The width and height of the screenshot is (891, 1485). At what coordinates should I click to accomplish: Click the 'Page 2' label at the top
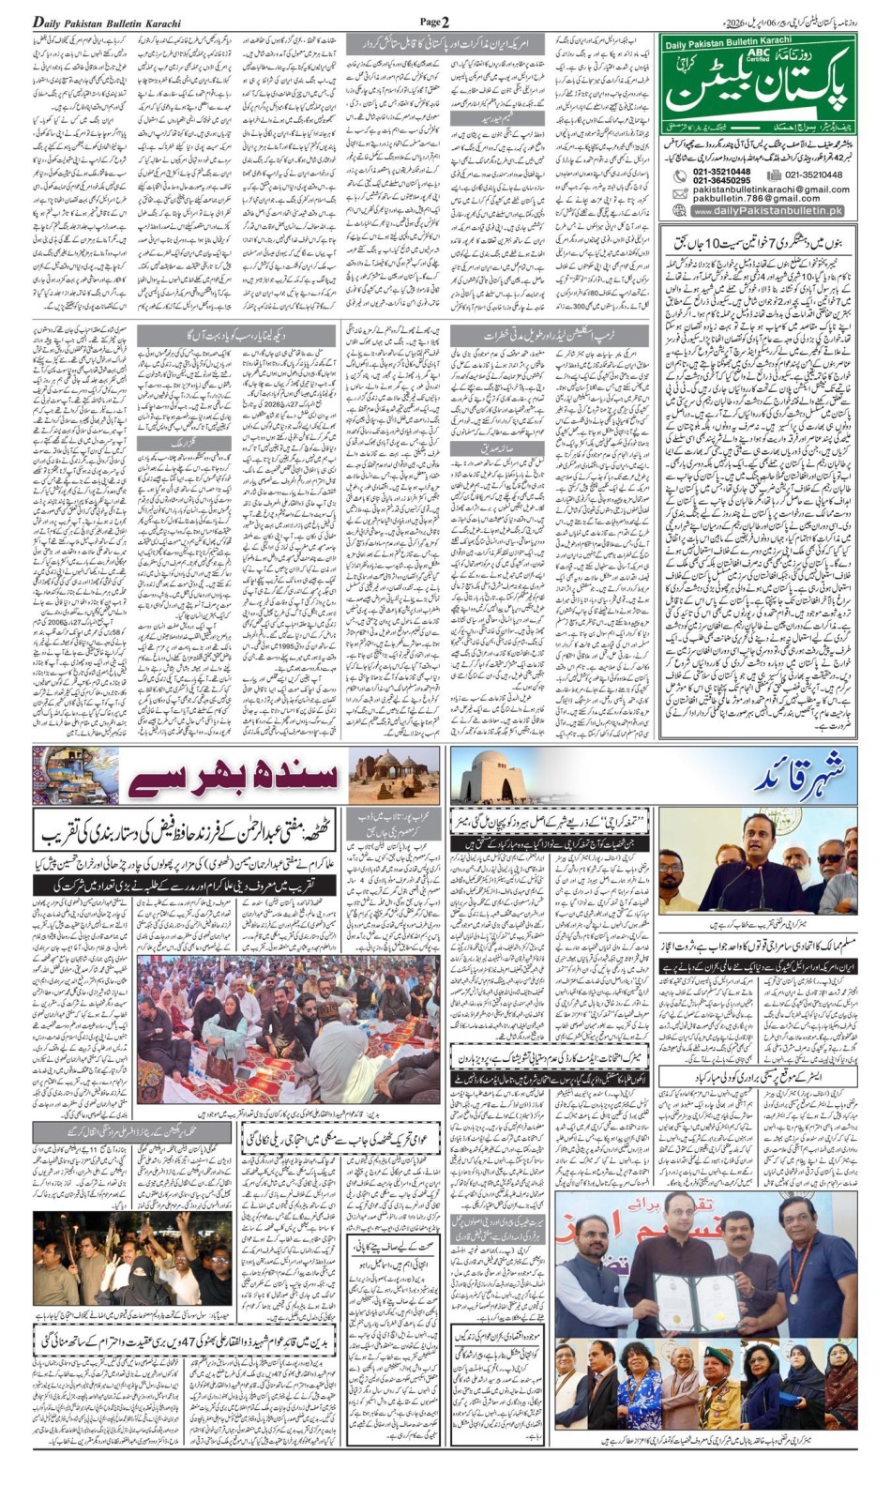coord(434,22)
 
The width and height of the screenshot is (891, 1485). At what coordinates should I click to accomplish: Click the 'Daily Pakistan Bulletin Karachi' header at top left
coord(107,23)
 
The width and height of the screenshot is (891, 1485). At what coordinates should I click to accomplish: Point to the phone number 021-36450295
coord(721,180)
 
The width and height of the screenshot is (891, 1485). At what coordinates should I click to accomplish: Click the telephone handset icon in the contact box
coord(680,175)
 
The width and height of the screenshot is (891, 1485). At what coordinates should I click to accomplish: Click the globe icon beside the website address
coord(680,211)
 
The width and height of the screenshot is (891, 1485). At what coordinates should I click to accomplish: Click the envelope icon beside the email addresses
coord(680,193)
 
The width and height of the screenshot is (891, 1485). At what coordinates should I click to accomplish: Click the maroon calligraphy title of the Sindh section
coord(234,777)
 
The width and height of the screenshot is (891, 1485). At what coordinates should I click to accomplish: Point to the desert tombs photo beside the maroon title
coord(393,776)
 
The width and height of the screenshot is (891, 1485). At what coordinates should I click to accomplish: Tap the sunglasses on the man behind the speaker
coord(831,858)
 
